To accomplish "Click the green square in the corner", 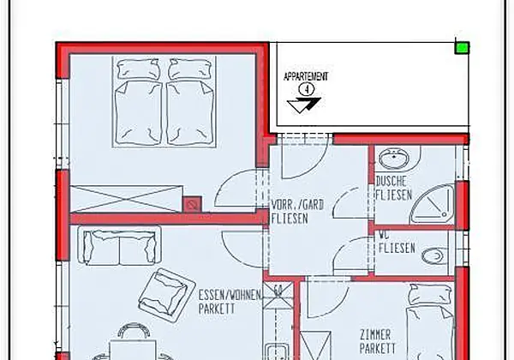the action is click(x=463, y=48).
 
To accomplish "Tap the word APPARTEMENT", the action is click(x=306, y=77).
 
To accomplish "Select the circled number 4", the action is click(x=307, y=89).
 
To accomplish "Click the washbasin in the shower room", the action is click(x=394, y=159).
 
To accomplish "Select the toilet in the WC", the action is click(x=434, y=256).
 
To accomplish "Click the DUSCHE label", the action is click(x=391, y=182).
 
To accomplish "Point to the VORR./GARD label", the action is click(x=297, y=205).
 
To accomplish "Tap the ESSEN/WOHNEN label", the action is click(x=230, y=295).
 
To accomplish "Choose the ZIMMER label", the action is click(x=375, y=335).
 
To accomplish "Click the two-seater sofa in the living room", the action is click(x=119, y=246).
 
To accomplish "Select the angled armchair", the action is click(x=167, y=295).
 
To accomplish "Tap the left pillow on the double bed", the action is click(x=139, y=69).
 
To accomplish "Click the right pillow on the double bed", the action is click(x=189, y=69).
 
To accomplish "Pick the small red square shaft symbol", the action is click(x=192, y=205).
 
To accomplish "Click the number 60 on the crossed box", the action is click(x=278, y=291).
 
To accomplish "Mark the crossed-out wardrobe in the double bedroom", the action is click(x=127, y=200).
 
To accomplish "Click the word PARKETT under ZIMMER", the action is click(x=378, y=348).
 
